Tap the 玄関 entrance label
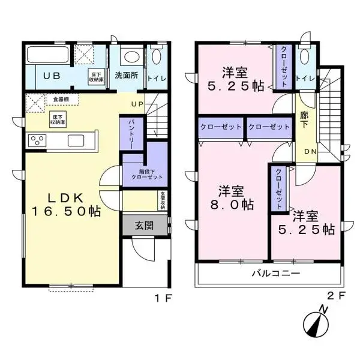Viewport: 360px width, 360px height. (x=143, y=226)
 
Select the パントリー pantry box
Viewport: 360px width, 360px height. (x=132, y=133)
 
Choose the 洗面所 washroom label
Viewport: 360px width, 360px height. (x=127, y=77)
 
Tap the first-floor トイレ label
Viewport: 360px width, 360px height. (x=157, y=77)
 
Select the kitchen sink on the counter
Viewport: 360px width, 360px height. (x=77, y=140)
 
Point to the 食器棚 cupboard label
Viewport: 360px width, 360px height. (x=61, y=99)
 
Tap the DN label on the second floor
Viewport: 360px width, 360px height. (x=311, y=151)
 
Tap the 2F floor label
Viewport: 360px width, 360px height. (x=337, y=296)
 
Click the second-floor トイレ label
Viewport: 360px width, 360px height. (x=306, y=77)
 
